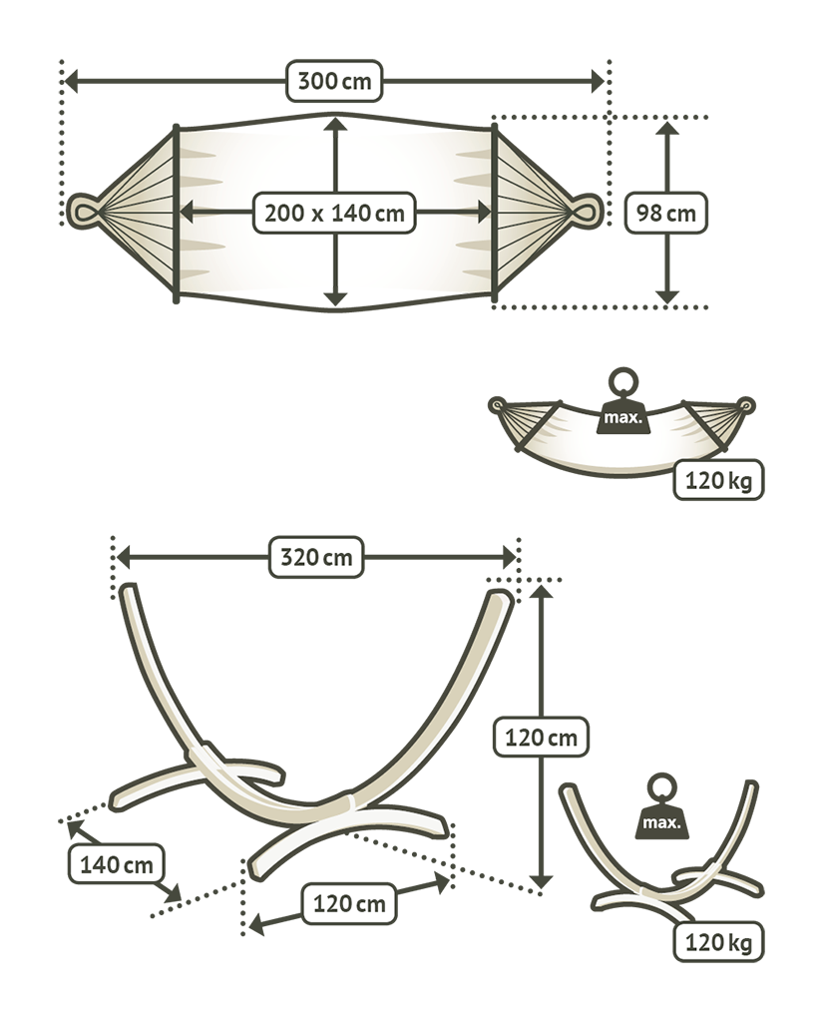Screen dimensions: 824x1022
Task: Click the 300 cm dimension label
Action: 333,82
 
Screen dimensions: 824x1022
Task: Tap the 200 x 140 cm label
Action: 334,213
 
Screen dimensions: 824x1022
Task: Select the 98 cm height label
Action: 665,213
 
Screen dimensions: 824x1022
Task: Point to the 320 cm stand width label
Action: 316,557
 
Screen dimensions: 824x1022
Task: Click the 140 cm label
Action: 116,864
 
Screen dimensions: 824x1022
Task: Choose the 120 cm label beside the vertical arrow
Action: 542,738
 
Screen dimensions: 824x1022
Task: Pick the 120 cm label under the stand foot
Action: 349,903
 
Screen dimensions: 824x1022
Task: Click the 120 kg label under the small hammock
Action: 718,480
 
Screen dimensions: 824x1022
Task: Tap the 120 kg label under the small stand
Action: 718,942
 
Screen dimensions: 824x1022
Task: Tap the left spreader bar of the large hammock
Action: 176,214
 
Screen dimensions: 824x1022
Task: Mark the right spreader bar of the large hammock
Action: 494,214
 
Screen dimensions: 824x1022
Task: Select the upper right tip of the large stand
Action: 502,595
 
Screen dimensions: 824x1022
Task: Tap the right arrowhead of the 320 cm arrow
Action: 508,557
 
